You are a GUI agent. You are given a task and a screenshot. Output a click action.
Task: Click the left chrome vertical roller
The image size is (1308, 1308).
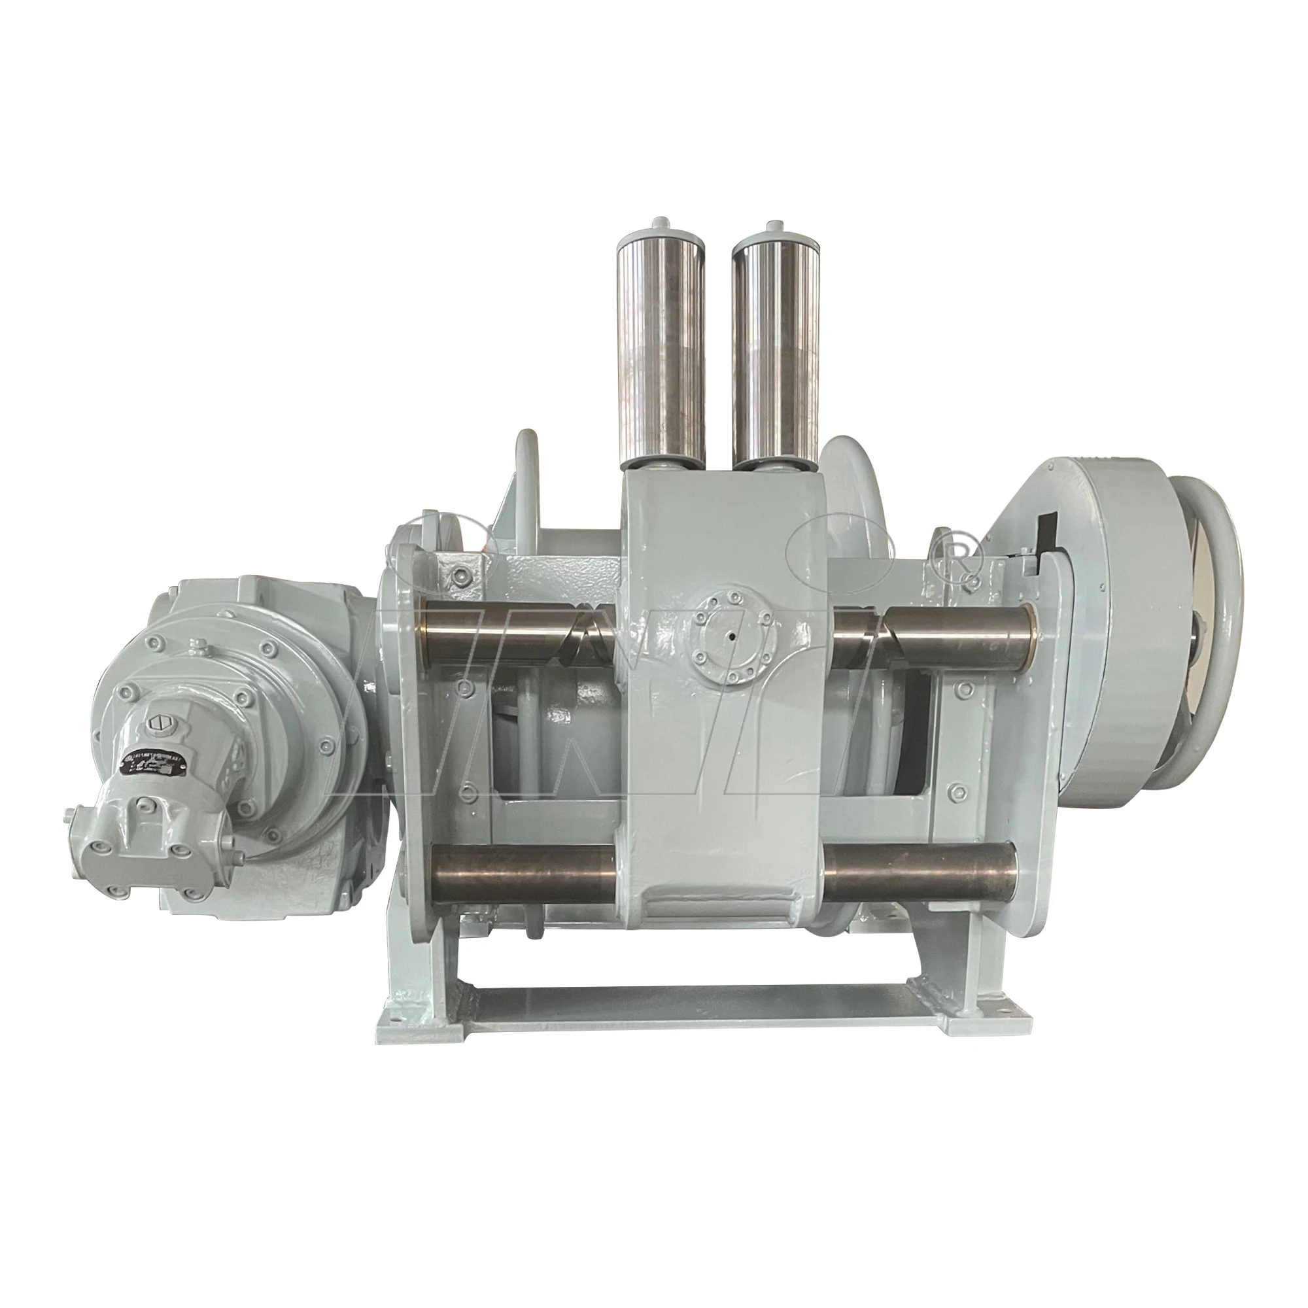click(x=654, y=348)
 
